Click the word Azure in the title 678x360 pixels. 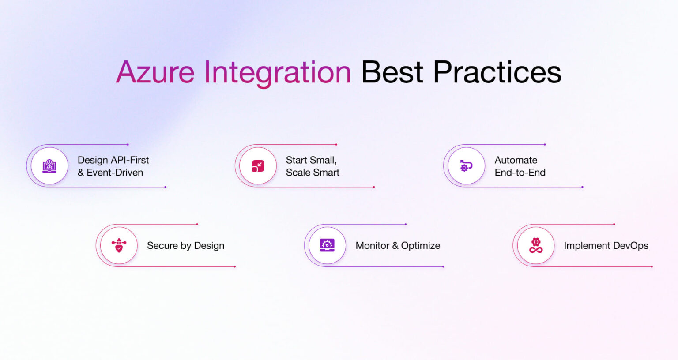(x=155, y=72)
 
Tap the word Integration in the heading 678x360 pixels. (x=277, y=72)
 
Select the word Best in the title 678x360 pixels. (x=392, y=72)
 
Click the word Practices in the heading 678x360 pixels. (x=497, y=72)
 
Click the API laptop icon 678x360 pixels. (x=49, y=166)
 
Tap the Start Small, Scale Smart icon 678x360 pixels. (x=258, y=166)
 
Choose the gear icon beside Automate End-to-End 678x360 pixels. (x=466, y=166)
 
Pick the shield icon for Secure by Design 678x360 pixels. (x=119, y=245)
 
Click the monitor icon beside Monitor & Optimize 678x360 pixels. (x=327, y=245)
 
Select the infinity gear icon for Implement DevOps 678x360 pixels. (x=536, y=245)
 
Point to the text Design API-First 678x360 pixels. (x=113, y=160)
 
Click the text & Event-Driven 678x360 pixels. (x=110, y=172)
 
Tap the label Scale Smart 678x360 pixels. (x=313, y=172)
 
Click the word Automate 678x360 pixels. (x=516, y=160)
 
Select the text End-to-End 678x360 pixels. (x=520, y=172)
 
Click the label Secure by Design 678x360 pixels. (x=185, y=246)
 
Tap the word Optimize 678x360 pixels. (x=420, y=246)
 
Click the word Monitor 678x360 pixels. (x=372, y=246)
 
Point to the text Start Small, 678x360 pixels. (x=311, y=160)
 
